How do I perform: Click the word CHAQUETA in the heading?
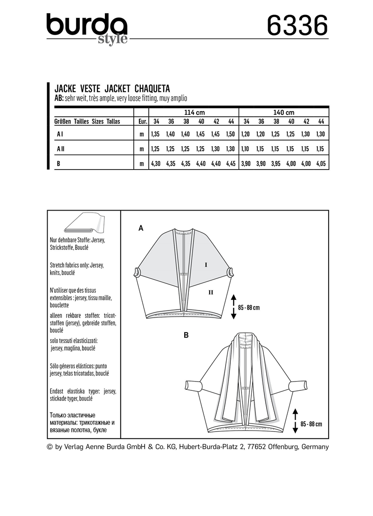[x=152, y=88]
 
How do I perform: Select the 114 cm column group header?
[x=193, y=112]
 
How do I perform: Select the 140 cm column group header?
[x=283, y=112]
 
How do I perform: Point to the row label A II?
[x=61, y=149]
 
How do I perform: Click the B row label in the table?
[x=58, y=163]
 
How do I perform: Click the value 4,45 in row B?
[x=230, y=163]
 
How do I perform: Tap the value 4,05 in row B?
[x=320, y=163]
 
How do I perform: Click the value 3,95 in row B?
[x=275, y=163]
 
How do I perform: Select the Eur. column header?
[x=143, y=121]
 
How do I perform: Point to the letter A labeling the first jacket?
[x=140, y=228]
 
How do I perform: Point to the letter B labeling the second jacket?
[x=186, y=334]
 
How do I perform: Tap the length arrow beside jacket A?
[x=234, y=307]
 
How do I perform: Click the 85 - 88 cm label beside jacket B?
[x=311, y=424]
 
